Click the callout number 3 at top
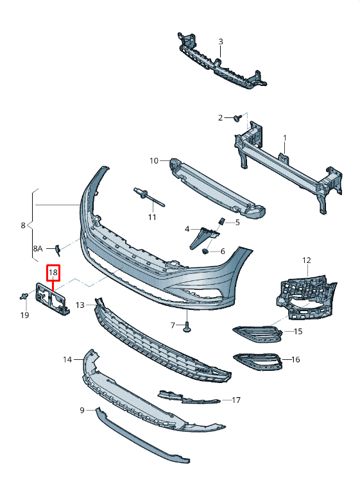click(220, 42)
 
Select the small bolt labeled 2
click(237, 117)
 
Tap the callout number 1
click(285, 138)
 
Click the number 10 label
click(154, 160)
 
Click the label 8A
click(37, 248)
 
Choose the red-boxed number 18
click(53, 273)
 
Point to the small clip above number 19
click(24, 296)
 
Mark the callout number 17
click(236, 400)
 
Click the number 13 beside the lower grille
click(80, 305)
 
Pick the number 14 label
click(67, 360)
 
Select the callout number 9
click(82, 410)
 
